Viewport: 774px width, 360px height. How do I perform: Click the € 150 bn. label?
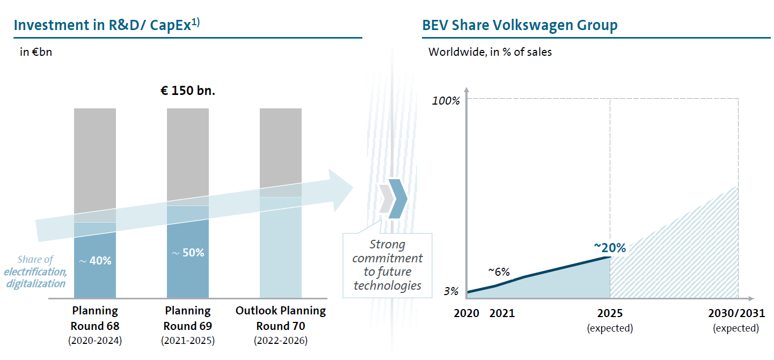pyautogui.click(x=187, y=91)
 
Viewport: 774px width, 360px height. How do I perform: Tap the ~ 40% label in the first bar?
pyautogui.click(x=95, y=261)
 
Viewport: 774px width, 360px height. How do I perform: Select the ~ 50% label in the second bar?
pyautogui.click(x=188, y=252)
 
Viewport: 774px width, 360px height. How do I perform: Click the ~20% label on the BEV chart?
pyautogui.click(x=610, y=247)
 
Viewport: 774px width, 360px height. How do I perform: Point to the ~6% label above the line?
pyautogui.click(x=499, y=271)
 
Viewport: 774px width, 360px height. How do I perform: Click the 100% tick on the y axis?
pyautogui.click(x=447, y=101)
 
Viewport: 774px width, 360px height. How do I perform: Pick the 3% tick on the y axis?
pyautogui.click(x=451, y=292)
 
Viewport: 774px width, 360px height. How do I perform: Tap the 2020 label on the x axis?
pyautogui.click(x=466, y=313)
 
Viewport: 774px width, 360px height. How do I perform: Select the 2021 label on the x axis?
pyautogui.click(x=502, y=313)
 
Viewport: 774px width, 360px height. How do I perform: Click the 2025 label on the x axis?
pyautogui.click(x=610, y=313)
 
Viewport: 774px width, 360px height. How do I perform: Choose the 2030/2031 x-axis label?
pyautogui.click(x=735, y=313)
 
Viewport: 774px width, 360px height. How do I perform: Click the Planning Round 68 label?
pyautogui.click(x=95, y=318)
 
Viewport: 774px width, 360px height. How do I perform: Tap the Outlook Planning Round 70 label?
pyautogui.click(x=281, y=318)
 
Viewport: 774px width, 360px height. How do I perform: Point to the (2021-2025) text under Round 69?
pyautogui.click(x=188, y=341)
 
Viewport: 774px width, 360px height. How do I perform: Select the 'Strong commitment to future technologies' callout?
pyautogui.click(x=388, y=265)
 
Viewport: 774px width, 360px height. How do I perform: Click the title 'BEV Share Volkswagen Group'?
pyautogui.click(x=520, y=25)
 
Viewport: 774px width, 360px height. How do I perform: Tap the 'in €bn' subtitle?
pyautogui.click(x=35, y=53)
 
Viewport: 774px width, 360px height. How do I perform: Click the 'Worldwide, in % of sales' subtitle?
pyautogui.click(x=490, y=52)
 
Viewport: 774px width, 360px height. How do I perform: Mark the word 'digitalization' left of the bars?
pyautogui.click(x=36, y=283)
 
